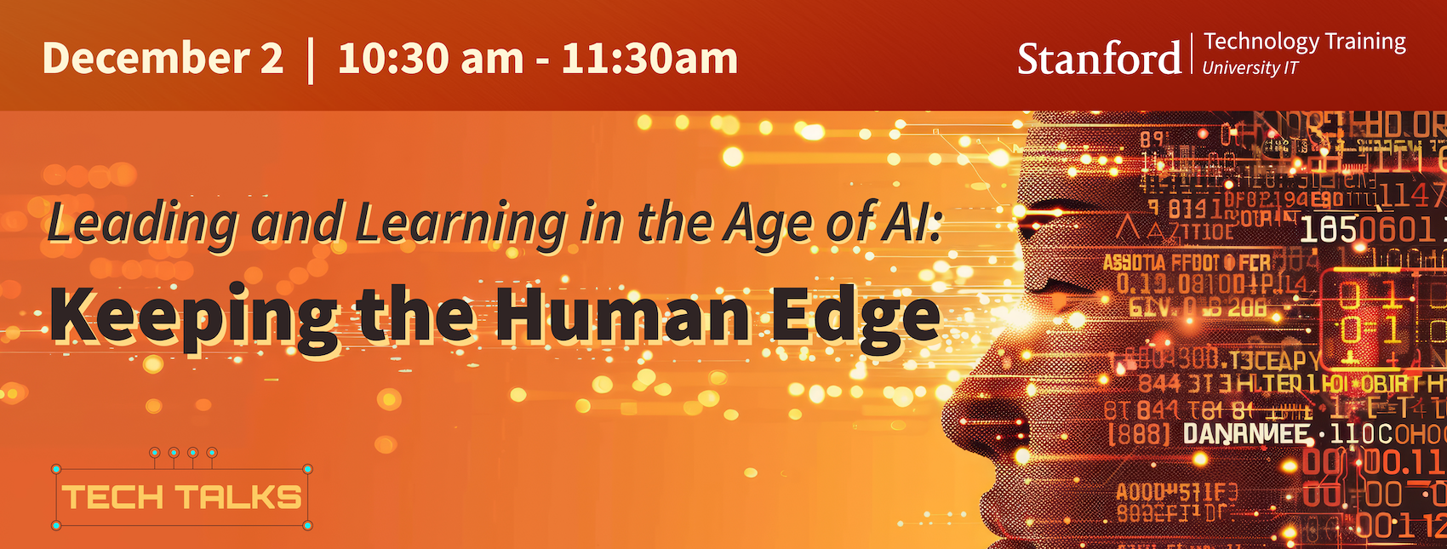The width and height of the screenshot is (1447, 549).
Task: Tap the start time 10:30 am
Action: (x=431, y=59)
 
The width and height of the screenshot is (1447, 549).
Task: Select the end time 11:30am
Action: (x=649, y=59)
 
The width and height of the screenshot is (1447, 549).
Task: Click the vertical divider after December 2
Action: (x=310, y=59)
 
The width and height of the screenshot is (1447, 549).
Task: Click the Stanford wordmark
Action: (x=1099, y=59)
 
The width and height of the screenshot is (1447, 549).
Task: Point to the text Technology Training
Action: (x=1305, y=42)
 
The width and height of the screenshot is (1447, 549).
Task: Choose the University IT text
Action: (x=1250, y=68)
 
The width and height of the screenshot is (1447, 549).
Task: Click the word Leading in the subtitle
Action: (x=141, y=223)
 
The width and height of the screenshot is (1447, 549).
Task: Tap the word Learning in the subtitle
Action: (x=460, y=223)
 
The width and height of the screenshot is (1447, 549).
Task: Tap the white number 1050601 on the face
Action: (x=1370, y=228)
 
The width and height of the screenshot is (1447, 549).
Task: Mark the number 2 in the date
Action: (x=272, y=59)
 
